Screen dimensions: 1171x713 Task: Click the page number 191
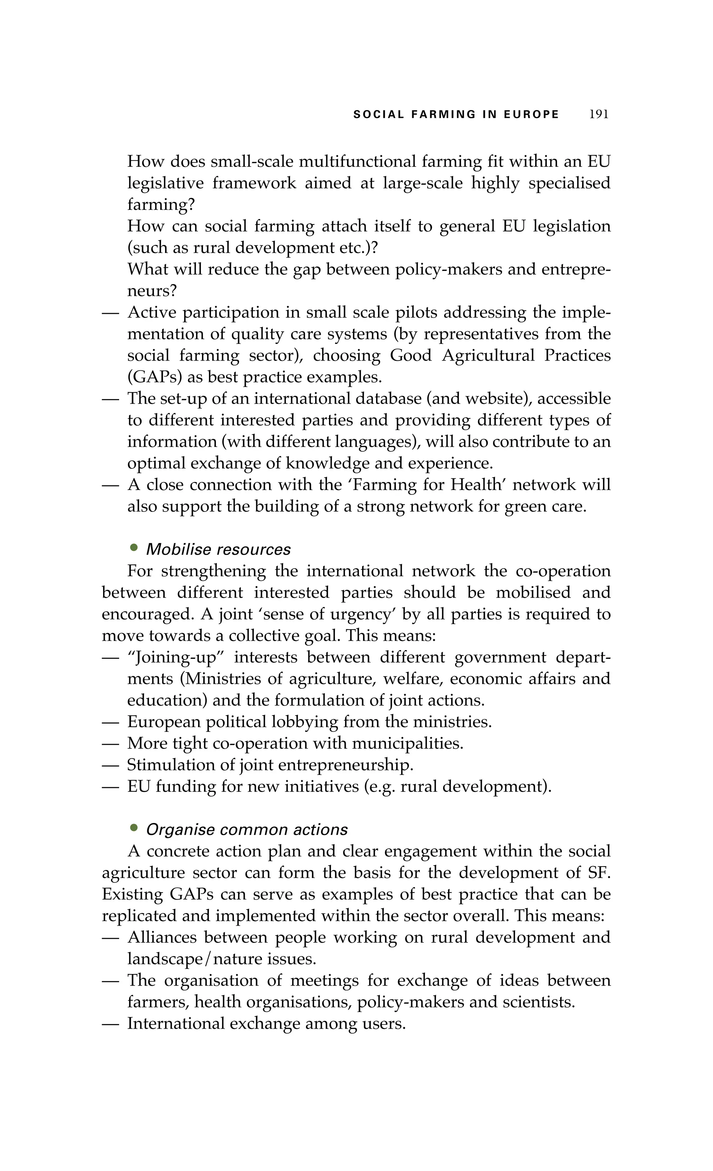click(x=599, y=114)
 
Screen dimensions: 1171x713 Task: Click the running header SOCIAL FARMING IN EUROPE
click(x=456, y=114)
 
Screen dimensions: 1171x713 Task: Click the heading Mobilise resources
click(x=218, y=549)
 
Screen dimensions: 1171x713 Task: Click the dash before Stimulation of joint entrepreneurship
click(x=110, y=765)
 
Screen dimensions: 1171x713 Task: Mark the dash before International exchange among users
click(x=110, y=1024)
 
